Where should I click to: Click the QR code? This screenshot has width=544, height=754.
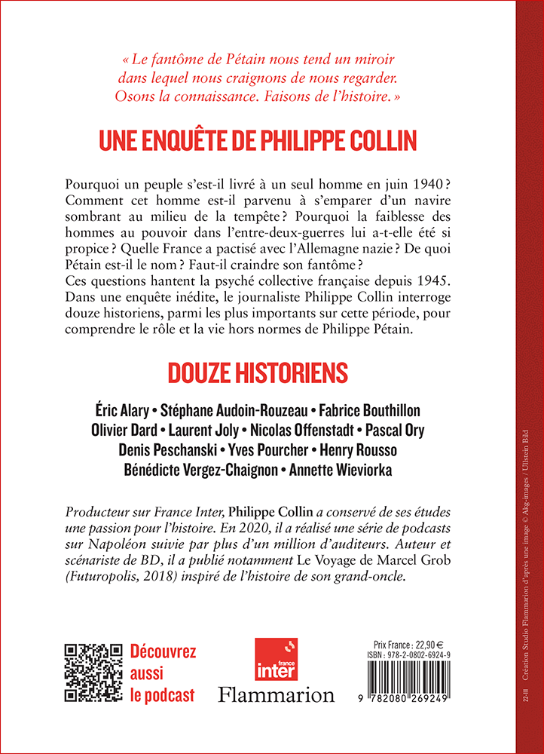(93, 673)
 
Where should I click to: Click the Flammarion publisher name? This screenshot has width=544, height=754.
(276, 694)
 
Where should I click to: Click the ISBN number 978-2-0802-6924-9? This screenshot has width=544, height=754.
(439, 655)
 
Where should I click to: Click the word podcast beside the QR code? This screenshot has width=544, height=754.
(169, 695)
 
